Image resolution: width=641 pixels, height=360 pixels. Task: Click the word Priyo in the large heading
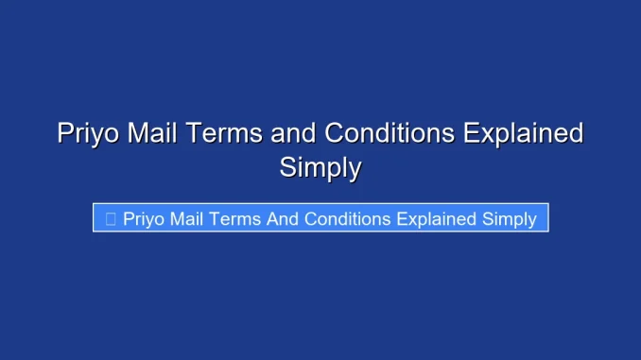88,134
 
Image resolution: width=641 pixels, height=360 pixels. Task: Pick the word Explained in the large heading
523,134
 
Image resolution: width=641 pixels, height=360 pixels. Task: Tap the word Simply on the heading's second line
320,168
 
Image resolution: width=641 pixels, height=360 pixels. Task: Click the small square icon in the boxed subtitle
111,219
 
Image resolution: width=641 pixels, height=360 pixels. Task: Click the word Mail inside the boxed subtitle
189,219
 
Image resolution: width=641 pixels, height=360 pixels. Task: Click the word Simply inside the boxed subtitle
510,219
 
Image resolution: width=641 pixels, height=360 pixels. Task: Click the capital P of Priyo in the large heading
65,134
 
